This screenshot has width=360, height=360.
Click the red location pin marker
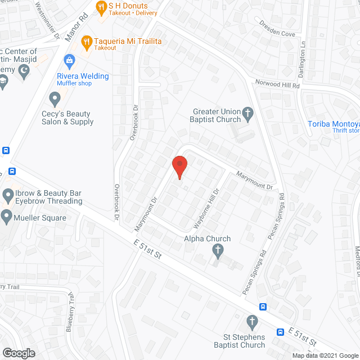[x=179, y=166]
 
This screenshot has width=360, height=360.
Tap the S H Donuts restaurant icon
[x=101, y=7]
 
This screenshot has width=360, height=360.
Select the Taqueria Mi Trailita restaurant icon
[x=86, y=41]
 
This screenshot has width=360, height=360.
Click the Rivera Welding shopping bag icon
[x=69, y=60]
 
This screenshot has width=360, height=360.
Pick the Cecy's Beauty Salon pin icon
[x=55, y=100]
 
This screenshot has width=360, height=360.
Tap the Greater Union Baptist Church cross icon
[x=247, y=116]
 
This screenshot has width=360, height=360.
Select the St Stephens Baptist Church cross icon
[x=252, y=322]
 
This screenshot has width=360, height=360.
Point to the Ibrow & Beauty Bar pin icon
[x=8, y=196]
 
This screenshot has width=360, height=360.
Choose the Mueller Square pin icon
[x=6, y=217]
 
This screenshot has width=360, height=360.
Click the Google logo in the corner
[x=18, y=353]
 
